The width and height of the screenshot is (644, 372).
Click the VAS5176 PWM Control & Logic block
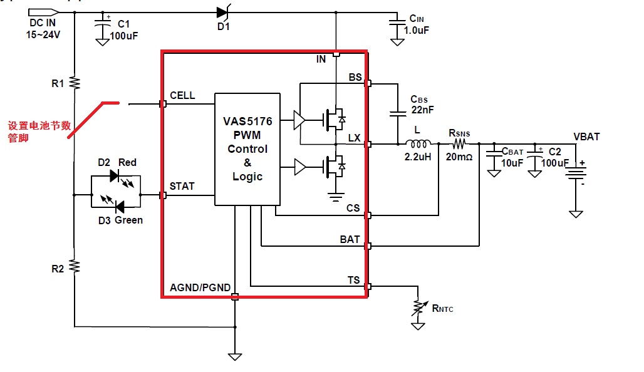coord(247,149)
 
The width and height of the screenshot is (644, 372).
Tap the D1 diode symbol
coord(222,12)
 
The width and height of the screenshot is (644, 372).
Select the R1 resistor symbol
coord(74,83)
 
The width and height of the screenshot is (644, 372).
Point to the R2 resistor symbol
coord(74,267)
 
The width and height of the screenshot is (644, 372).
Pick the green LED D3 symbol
coord(115,206)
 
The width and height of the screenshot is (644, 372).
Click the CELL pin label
coord(182,96)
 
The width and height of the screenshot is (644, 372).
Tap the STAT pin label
coord(182,187)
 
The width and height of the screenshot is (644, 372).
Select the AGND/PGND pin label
coord(200,288)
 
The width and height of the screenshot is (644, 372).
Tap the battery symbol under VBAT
coord(576,172)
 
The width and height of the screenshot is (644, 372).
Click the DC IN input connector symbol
coord(44,12)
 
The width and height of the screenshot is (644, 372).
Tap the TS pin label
coord(354,280)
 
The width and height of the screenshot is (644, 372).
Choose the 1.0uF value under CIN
coord(416,30)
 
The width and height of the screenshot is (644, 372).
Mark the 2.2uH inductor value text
coord(418,157)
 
